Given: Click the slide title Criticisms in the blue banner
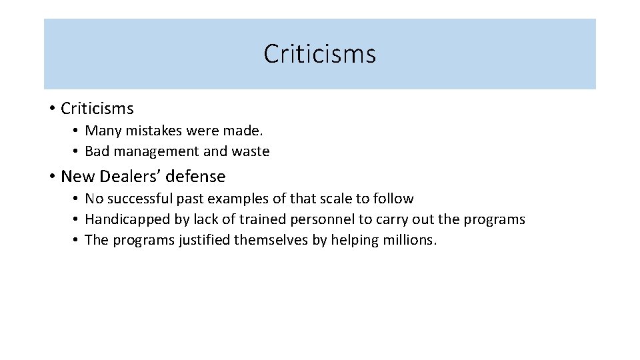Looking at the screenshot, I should pyautogui.click(x=319, y=54).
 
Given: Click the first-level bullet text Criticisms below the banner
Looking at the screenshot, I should pyautogui.click(x=97, y=108).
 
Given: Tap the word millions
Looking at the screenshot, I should pyautogui.click(x=411, y=240).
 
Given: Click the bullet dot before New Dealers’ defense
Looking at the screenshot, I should pyautogui.click(x=51, y=177).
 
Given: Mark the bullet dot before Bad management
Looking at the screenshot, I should pyautogui.click(x=77, y=151).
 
